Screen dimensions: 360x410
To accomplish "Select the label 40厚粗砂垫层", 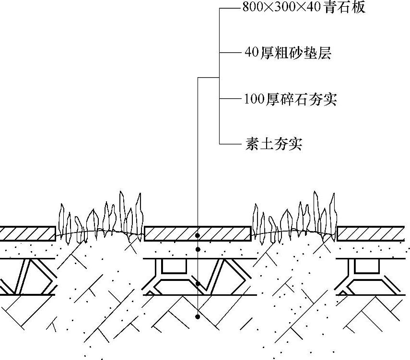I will [x=288, y=53].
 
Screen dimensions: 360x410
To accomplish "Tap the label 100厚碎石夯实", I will [x=291, y=100].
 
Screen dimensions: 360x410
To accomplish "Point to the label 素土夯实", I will [x=273, y=144].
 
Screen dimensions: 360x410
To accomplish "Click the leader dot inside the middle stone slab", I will [x=198, y=236].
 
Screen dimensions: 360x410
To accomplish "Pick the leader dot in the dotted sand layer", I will [x=198, y=250].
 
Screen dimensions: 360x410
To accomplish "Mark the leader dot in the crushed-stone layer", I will [x=198, y=284].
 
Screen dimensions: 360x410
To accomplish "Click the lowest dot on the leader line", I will [x=198, y=317].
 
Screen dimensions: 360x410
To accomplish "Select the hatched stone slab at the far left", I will [x=27, y=233].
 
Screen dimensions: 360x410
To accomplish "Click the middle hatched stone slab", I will [x=198, y=233].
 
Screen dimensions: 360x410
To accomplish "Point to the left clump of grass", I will [x=101, y=218].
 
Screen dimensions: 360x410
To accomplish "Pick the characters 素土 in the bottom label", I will [x=259, y=144].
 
